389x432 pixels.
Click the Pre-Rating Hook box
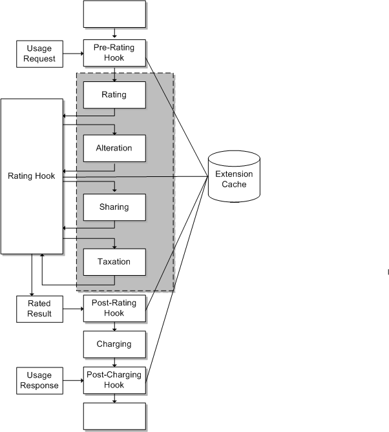tap(114, 53)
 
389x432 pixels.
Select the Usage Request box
tap(41, 54)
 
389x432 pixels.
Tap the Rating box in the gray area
tap(114, 95)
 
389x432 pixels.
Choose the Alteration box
tap(114, 148)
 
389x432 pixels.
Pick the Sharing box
tap(114, 207)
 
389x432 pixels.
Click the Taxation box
tap(114, 262)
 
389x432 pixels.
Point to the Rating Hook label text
tap(31, 176)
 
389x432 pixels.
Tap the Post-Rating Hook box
tap(114, 309)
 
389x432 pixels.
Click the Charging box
tap(114, 344)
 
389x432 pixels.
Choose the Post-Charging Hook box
tap(114, 380)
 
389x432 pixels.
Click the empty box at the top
tap(114, 14)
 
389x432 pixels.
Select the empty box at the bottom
tap(114, 417)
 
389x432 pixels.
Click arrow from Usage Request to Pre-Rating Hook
tap(74, 54)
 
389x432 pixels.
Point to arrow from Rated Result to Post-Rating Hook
tap(74, 309)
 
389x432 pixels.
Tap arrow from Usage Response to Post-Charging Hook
tap(74, 380)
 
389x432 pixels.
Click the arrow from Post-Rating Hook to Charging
tap(114, 327)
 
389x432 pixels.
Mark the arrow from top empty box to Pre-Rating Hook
tap(114, 34)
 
